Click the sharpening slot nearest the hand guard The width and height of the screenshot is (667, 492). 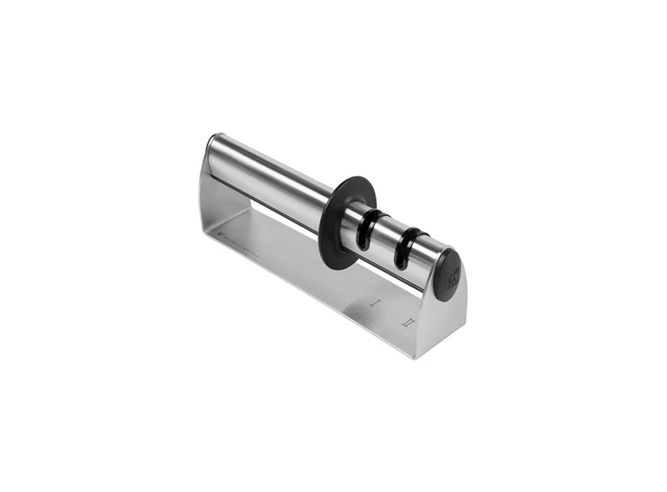click(370, 229)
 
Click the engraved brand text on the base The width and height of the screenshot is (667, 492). click(240, 248)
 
